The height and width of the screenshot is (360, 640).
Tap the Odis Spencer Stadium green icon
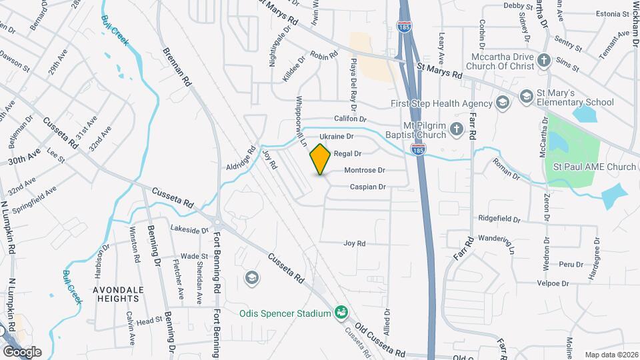pyautogui.click(x=341, y=313)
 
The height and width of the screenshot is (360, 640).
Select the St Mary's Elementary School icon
pyautogui.click(x=526, y=98)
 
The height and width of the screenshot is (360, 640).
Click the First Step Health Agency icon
pyautogui.click(x=503, y=103)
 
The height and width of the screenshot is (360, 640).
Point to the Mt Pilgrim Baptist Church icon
pyautogui.click(x=457, y=129)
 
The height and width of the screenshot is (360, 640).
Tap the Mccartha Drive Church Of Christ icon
pyautogui.click(x=545, y=61)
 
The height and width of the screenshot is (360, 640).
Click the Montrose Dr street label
pyautogui.click(x=365, y=171)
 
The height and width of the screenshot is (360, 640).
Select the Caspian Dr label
pyautogui.click(x=369, y=187)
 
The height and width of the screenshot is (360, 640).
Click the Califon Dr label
pyautogui.click(x=351, y=119)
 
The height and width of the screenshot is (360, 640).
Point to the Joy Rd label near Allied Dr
pyautogui.click(x=355, y=244)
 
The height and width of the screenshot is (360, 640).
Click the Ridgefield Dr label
pyautogui.click(x=499, y=219)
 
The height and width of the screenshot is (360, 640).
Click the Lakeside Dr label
pyautogui.click(x=189, y=230)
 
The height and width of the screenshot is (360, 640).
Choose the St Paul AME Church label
pyautogui.click(x=592, y=167)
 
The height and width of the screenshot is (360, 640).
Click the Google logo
pyautogui.click(x=21, y=351)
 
